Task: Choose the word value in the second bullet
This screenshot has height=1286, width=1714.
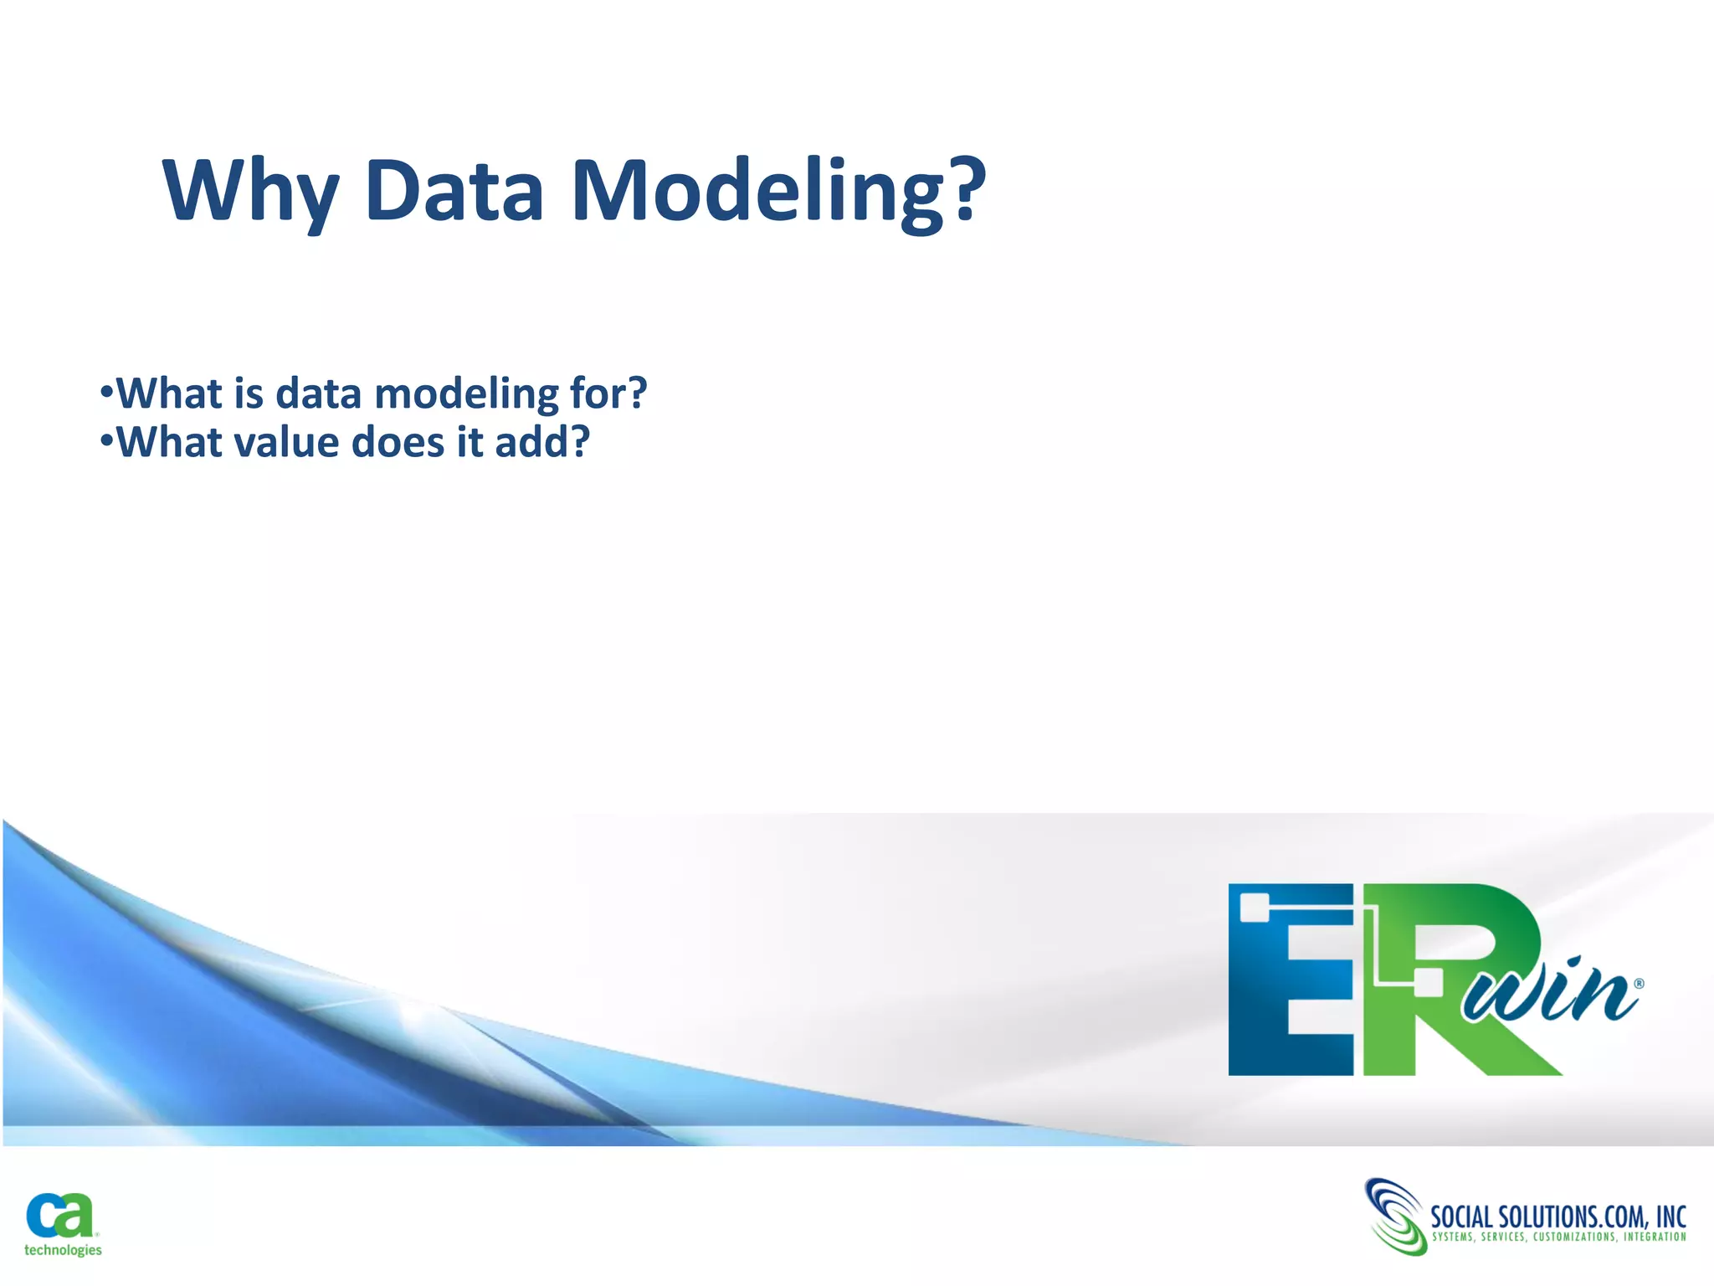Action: pyautogui.click(x=285, y=442)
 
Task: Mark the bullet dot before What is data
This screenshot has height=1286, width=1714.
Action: pyautogui.click(x=105, y=392)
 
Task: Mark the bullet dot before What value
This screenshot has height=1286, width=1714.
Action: pyautogui.click(x=105, y=440)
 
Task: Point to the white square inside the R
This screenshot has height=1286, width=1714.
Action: pyautogui.click(x=1427, y=982)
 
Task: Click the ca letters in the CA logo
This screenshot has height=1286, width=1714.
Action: pyautogui.click(x=60, y=1216)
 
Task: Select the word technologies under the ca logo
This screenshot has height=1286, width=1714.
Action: pyautogui.click(x=63, y=1250)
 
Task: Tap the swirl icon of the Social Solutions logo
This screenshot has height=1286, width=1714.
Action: pyautogui.click(x=1394, y=1217)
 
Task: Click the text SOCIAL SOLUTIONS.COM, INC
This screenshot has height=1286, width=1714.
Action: pyautogui.click(x=1557, y=1216)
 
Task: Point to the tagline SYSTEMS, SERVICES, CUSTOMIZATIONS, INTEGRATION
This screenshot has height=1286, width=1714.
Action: pyautogui.click(x=1558, y=1237)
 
